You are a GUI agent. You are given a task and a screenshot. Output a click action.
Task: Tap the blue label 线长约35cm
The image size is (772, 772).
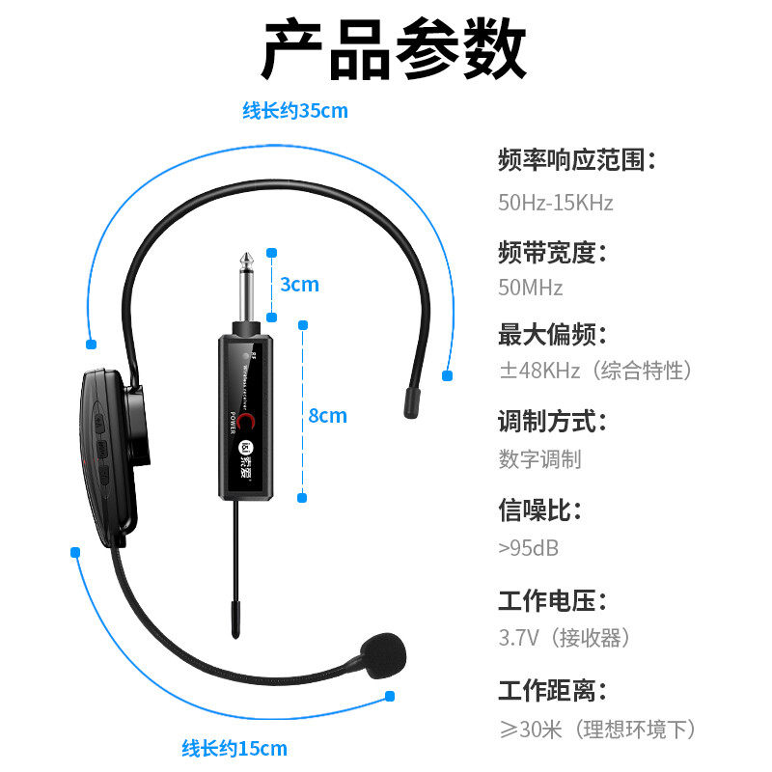click(294, 111)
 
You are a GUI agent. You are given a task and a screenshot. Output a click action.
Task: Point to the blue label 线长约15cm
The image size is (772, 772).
click(234, 748)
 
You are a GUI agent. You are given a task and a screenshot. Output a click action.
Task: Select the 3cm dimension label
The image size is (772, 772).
click(299, 285)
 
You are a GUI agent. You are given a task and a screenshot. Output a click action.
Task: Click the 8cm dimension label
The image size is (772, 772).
click(327, 416)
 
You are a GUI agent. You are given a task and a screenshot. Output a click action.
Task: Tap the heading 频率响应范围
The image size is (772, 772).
click(577, 159)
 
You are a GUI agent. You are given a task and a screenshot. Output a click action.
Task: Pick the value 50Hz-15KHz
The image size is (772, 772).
click(555, 203)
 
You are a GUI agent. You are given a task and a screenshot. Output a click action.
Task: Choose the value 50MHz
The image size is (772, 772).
click(531, 288)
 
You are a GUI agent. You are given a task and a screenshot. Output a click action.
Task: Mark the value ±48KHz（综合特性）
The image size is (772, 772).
click(595, 371)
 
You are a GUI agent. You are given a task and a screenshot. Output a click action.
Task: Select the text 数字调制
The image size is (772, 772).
click(540, 459)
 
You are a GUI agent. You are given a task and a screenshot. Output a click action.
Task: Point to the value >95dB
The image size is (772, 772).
click(529, 548)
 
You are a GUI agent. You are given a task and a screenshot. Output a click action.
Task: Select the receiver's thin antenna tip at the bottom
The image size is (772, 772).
click(234, 618)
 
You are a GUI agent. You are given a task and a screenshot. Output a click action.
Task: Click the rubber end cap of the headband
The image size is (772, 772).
click(412, 400)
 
